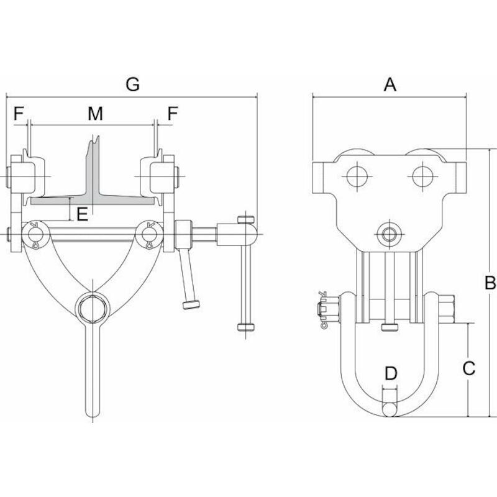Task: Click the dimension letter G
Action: coord(132,84)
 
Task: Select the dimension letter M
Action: coord(96,114)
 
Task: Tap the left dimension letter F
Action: coord(19,114)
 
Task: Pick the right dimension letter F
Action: coord(173,114)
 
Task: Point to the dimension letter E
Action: coord(83,214)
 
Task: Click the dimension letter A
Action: coord(390,84)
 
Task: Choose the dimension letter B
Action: coord(490,283)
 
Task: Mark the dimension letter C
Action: coord(468,368)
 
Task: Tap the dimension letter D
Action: coord(391,373)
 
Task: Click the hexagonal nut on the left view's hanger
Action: coord(93,309)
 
